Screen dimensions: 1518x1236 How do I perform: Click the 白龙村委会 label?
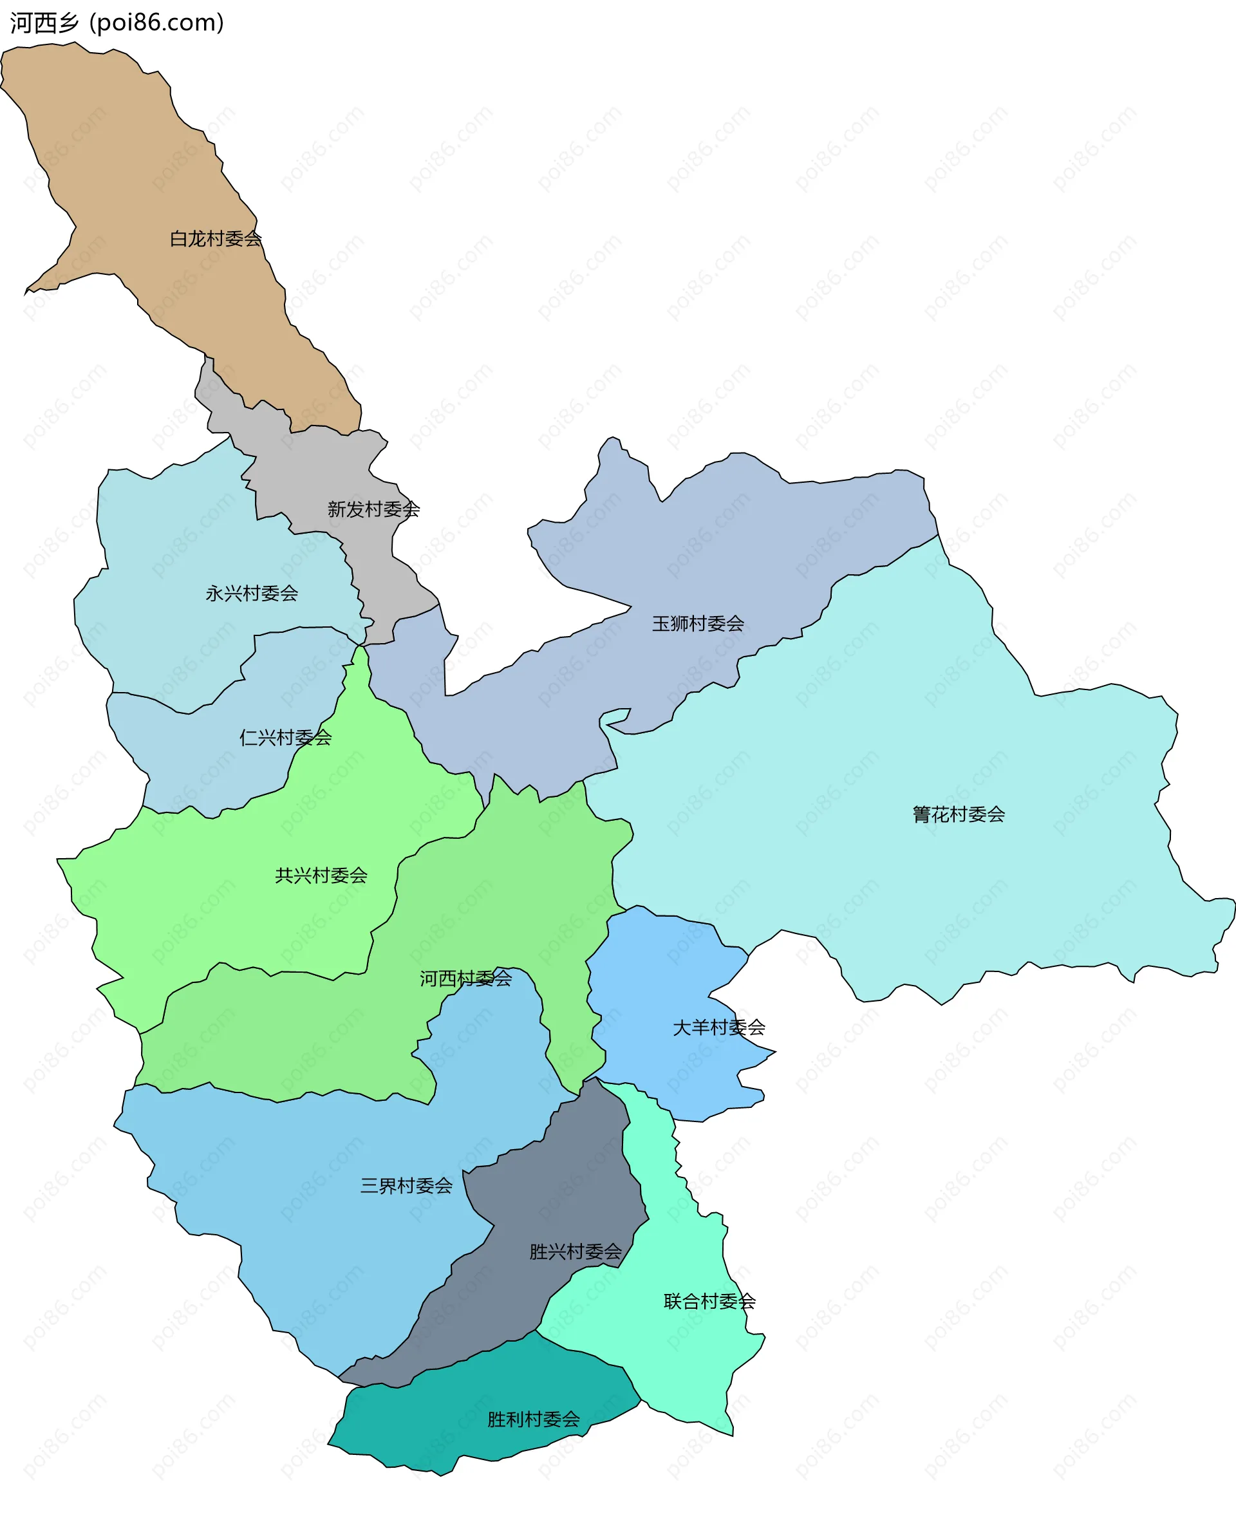215,239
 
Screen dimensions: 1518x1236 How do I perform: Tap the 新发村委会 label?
373,509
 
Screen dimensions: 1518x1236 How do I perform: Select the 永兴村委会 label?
251,593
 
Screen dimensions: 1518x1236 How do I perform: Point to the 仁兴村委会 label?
286,737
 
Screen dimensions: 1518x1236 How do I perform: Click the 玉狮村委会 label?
698,624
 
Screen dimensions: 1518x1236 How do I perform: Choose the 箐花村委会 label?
959,814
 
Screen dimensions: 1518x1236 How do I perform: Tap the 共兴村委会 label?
321,875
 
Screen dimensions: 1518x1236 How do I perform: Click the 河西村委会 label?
465,979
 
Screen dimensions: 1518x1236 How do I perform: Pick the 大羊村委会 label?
718,1027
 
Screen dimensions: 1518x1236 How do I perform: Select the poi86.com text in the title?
157,23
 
